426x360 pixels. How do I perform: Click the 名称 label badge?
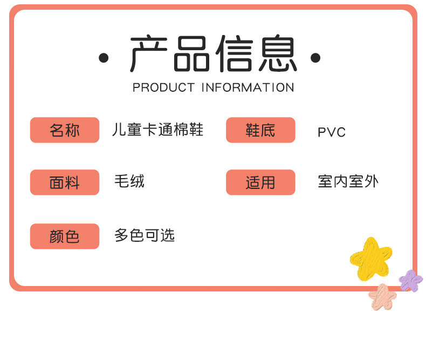[65, 130]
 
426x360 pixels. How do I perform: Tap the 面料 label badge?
[65, 182]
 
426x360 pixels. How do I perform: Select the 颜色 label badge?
[65, 236]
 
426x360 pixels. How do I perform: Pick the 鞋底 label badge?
[260, 130]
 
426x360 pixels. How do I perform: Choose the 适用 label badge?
[260, 182]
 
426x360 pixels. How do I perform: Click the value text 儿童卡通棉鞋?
[157, 130]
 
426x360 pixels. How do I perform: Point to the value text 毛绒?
[129, 181]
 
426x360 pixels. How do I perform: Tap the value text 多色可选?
[145, 235]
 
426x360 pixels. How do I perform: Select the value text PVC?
[332, 132]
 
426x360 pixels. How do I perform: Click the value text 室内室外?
[348, 181]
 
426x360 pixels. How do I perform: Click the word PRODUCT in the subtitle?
[163, 87]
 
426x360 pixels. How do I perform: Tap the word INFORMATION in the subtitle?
[248, 87]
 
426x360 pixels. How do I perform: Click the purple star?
[411, 281]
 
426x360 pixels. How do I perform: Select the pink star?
[382, 297]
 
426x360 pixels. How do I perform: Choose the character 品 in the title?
[192, 54]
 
